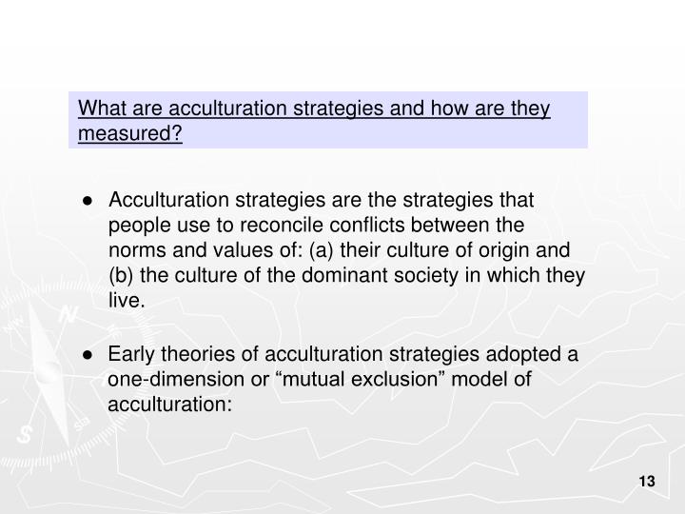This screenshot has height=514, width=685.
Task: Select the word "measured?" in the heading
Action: click(130, 133)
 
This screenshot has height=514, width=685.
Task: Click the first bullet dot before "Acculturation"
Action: click(87, 201)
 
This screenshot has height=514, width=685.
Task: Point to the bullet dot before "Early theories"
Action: click(87, 355)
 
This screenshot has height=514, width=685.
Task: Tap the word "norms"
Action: click(135, 250)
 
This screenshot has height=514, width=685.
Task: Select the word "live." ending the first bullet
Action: click(127, 301)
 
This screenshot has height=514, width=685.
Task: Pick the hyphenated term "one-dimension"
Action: click(169, 380)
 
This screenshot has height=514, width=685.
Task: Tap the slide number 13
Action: click(647, 483)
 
